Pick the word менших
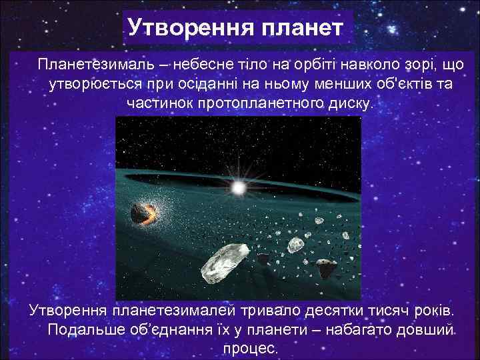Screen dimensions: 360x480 point(315,85)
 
